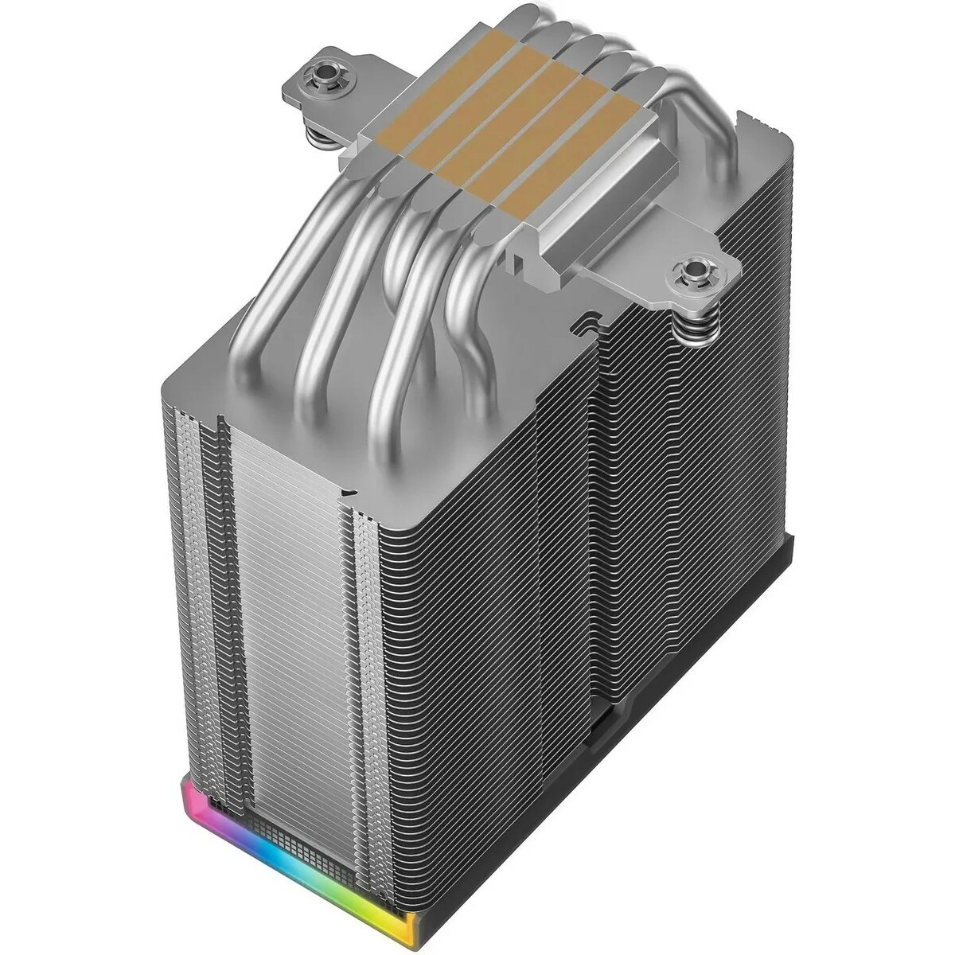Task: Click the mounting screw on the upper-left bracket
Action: tap(324, 77)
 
